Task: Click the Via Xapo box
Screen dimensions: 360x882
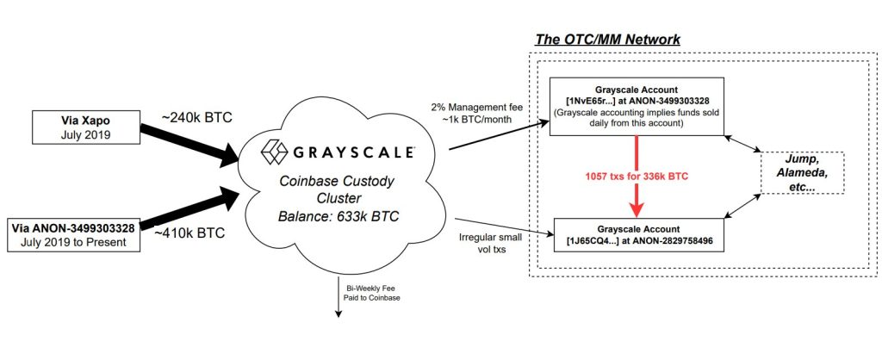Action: [84, 126]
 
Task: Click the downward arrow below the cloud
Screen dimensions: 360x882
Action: [338, 301]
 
